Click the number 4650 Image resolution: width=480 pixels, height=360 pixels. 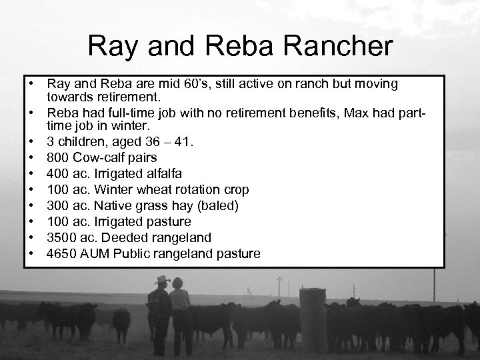[62, 253]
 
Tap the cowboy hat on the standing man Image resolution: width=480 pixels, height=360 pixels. [161, 281]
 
